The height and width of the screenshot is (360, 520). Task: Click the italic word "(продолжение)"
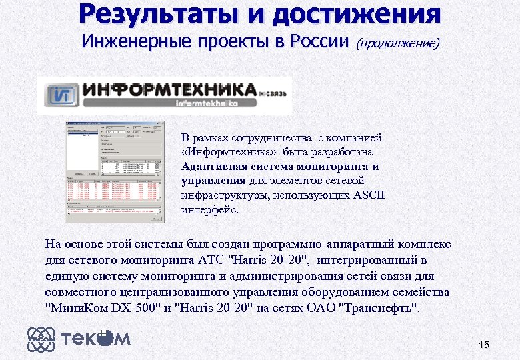point(397,43)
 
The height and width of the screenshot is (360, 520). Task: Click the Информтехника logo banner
point(164,94)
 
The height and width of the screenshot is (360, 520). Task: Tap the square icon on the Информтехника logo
point(61,94)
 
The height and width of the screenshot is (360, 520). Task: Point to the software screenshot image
point(113,172)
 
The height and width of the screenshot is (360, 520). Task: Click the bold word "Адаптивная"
point(212,167)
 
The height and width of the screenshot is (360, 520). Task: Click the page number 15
point(484,345)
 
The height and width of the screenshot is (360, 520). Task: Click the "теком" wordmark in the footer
point(96,339)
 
